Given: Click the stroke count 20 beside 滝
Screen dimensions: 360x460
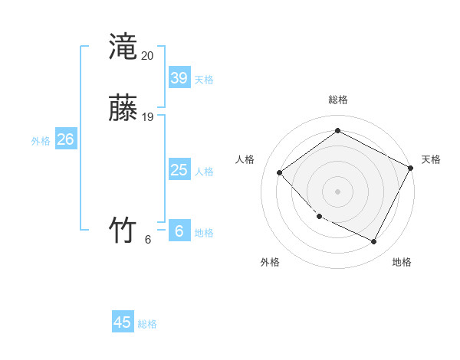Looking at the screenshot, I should point(148,56).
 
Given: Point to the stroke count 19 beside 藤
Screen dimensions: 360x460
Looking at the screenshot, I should point(148,117).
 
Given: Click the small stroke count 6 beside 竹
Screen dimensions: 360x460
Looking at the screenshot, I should point(148,240).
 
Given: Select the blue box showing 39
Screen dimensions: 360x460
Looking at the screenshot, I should point(179,78).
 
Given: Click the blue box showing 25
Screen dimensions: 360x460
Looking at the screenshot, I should point(179,170).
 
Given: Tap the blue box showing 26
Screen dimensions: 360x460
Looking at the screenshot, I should point(65,139).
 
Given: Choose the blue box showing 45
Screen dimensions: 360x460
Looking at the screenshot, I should point(123,322).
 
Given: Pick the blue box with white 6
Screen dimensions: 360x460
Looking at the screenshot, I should point(179,231).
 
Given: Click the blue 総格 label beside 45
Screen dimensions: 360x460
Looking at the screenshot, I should point(147,324).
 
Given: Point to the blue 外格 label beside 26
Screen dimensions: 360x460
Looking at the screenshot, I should point(41,141).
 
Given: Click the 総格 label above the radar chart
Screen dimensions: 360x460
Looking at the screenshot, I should point(337,100).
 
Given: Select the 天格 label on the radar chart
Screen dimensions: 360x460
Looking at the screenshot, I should point(431,159).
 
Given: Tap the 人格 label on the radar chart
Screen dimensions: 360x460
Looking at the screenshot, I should point(245,159).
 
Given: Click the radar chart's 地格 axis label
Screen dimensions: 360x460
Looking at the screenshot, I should point(402,262).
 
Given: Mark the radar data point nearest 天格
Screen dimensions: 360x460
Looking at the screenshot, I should point(411,168).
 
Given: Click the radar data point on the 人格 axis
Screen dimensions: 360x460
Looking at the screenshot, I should point(280,172).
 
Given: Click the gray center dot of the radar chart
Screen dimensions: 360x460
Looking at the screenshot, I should point(337,191).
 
